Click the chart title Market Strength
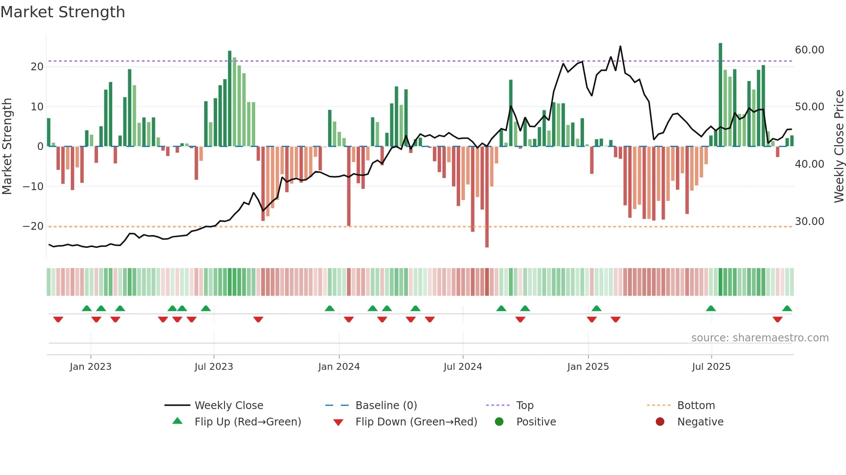coord(63,12)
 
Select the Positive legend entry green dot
coord(499,422)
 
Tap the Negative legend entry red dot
coord(660,422)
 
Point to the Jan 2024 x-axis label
coord(339,367)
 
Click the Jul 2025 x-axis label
coord(711,367)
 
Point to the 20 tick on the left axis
coord(37,67)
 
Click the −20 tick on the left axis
coord(33,226)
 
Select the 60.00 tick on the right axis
coord(809,50)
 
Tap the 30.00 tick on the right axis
coord(809,222)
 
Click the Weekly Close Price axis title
coord(839,147)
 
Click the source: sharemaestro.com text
coord(760,338)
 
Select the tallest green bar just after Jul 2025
coord(720,95)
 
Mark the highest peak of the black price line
coord(620,47)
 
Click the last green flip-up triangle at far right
coord(787,309)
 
